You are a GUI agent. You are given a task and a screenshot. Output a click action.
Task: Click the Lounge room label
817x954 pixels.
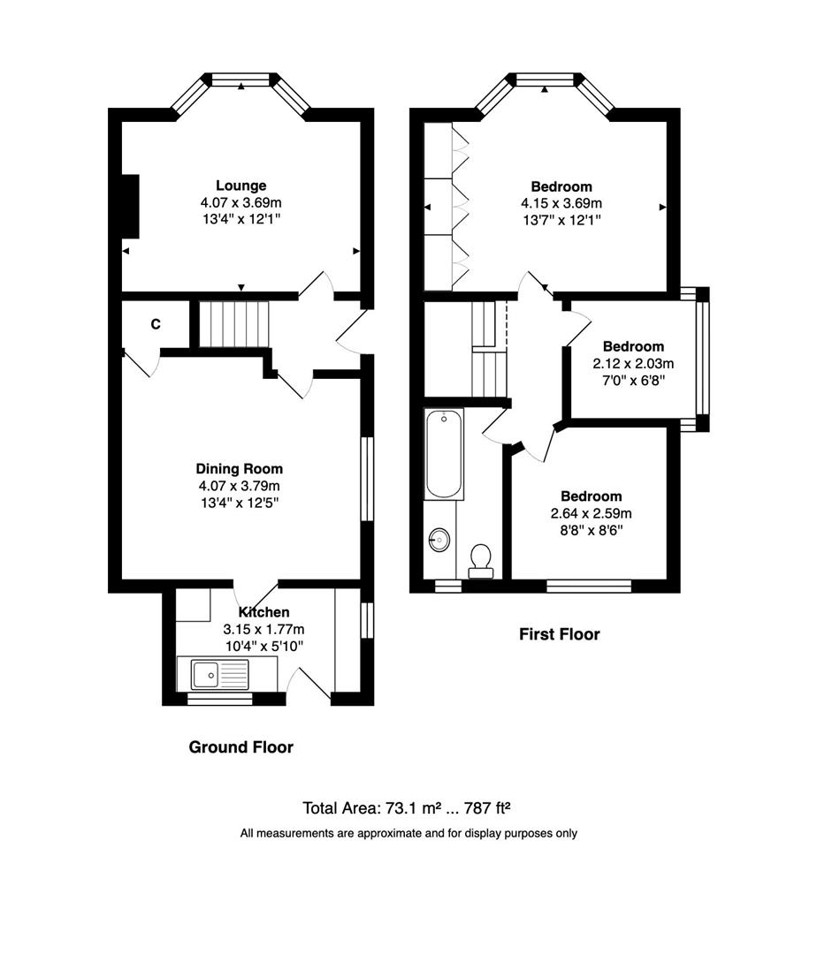point(241,185)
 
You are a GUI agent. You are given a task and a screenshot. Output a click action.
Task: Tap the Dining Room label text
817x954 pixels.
point(240,469)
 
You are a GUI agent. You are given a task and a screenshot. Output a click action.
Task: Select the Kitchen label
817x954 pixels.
point(263,612)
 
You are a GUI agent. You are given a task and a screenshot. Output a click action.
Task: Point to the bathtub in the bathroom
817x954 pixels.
point(443,454)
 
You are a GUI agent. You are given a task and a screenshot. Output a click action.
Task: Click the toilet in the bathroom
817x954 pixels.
point(481,559)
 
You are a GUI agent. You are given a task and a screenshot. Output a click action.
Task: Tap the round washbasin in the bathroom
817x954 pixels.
point(439,539)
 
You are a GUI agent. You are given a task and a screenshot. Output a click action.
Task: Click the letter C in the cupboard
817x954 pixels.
point(155,324)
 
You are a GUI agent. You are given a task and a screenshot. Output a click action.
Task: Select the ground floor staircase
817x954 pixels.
point(232,324)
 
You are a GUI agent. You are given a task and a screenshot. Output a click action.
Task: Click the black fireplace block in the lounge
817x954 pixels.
point(130,207)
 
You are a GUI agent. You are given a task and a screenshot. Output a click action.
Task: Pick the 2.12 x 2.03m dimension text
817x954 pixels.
point(633,363)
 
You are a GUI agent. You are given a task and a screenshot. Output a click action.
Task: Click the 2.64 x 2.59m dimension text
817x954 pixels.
point(591,513)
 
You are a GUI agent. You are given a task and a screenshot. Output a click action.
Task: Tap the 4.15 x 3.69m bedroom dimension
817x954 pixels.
point(561,203)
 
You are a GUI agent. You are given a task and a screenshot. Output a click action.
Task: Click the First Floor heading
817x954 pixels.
point(558,634)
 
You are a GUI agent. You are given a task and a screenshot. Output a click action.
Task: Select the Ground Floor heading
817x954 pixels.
point(241,747)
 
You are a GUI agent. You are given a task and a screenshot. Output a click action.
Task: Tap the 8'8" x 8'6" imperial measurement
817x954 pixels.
point(591,530)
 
